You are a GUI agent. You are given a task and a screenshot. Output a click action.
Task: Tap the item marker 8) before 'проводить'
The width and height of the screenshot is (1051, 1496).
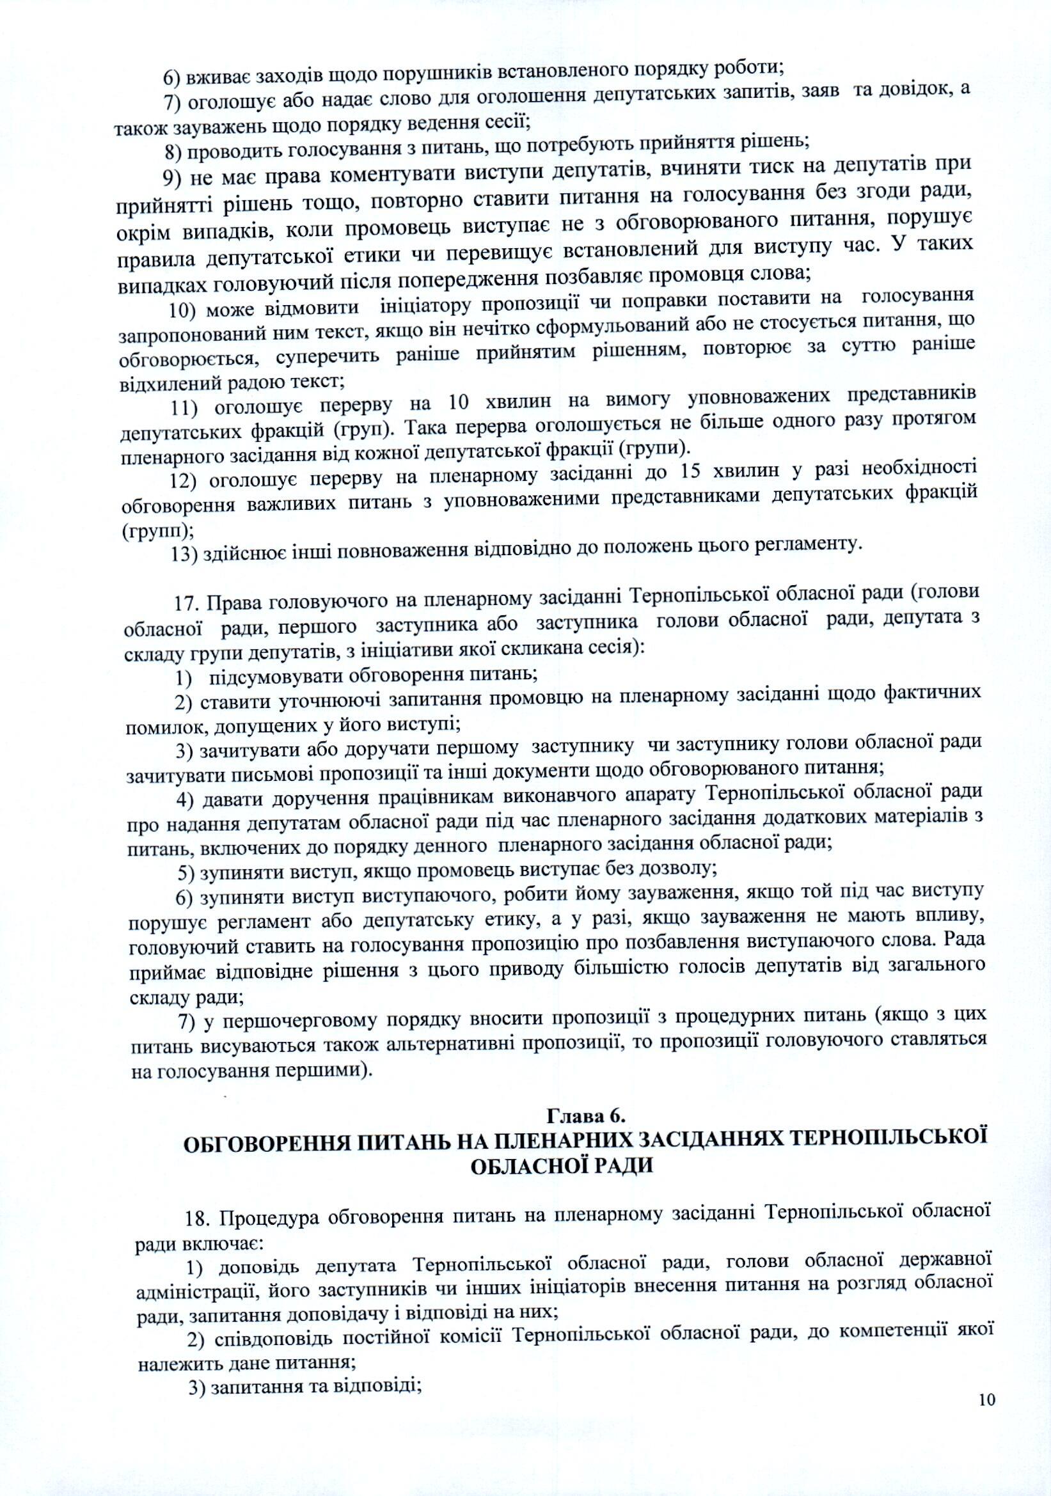click(x=174, y=152)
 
